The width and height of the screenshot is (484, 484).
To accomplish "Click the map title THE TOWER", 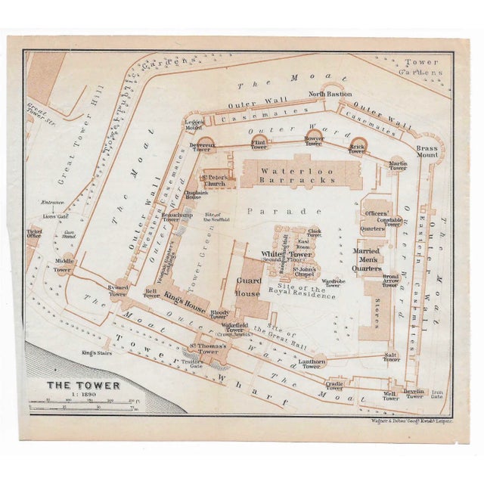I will [x=73, y=385].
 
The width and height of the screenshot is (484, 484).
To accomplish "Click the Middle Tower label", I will [x=63, y=265].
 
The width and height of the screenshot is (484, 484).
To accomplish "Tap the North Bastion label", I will [x=329, y=95].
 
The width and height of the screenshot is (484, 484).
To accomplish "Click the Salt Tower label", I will [x=391, y=357].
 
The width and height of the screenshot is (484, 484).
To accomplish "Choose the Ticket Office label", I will [x=34, y=234].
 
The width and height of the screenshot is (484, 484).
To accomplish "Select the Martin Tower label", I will [x=398, y=165].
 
